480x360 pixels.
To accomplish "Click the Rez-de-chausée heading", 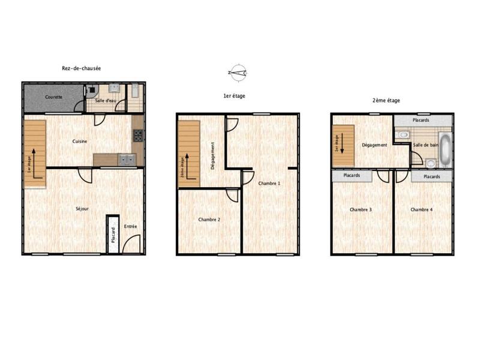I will pyautogui.click(x=81, y=68).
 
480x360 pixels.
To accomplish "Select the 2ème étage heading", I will pyautogui.click(x=386, y=101).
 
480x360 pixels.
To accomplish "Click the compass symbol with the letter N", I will pyautogui.click(x=238, y=73).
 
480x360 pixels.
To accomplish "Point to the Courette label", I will pyautogui.click(x=53, y=97).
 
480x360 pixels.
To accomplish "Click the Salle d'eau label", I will pyautogui.click(x=106, y=100).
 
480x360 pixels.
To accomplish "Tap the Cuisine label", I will pyautogui.click(x=81, y=141).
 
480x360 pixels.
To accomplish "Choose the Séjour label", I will pyautogui.click(x=82, y=209).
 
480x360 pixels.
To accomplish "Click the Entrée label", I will pyautogui.click(x=130, y=226).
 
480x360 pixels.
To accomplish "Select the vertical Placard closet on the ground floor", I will pyautogui.click(x=112, y=234).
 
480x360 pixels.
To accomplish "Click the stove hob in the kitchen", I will pyautogui.click(x=138, y=135).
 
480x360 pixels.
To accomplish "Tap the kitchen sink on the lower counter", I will pyautogui.click(x=127, y=160).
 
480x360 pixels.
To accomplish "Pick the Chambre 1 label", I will pyautogui.click(x=269, y=183).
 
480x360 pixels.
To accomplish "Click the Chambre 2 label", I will pyautogui.click(x=209, y=220).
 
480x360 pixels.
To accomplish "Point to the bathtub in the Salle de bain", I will pyautogui.click(x=445, y=149).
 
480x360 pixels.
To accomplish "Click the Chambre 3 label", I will pyautogui.click(x=361, y=209).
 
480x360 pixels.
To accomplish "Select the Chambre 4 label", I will pyautogui.click(x=422, y=209).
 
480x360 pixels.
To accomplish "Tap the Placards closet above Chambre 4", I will pyautogui.click(x=431, y=176).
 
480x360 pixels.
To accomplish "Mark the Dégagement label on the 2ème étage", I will pyautogui.click(x=374, y=145).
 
